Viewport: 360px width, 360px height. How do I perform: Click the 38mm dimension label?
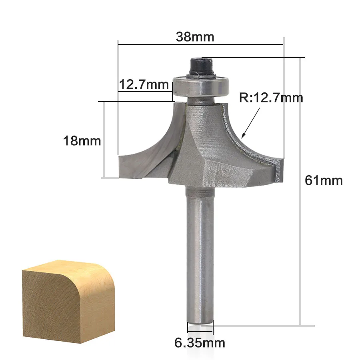(x=195, y=37)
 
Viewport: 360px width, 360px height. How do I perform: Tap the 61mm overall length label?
(x=324, y=180)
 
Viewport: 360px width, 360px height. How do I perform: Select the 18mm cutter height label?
(x=82, y=141)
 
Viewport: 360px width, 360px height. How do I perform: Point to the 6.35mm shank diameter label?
(x=200, y=343)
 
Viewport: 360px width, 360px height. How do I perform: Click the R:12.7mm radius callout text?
(x=271, y=98)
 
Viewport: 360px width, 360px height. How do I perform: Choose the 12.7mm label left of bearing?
(x=144, y=84)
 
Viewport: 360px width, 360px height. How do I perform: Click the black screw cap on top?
(x=201, y=67)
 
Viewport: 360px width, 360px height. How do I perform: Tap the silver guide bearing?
(x=201, y=86)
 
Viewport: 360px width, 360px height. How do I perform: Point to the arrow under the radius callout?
(x=251, y=123)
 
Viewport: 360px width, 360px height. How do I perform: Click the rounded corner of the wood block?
(x=106, y=274)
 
